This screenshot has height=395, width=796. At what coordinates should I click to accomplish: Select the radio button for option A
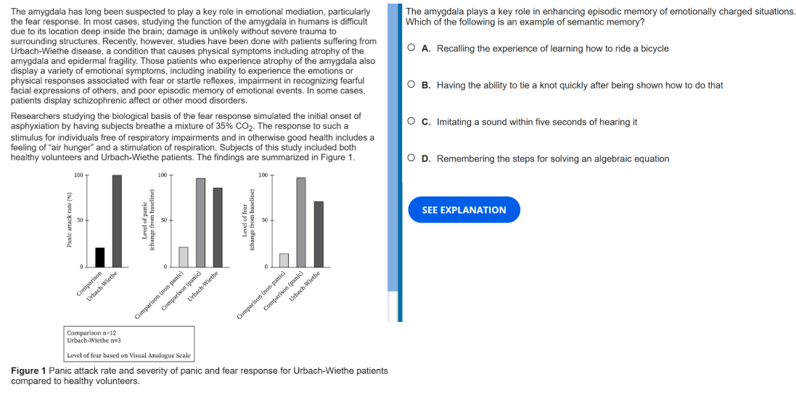coord(411,49)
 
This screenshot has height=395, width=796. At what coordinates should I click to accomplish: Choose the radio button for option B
coord(411,85)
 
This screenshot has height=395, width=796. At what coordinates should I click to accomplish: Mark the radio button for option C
coord(411,122)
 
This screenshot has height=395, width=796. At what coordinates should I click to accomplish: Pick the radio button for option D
coord(411,158)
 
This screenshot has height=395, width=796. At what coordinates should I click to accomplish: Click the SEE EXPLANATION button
coord(464,209)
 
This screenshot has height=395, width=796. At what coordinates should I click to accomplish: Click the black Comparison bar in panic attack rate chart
coord(100,257)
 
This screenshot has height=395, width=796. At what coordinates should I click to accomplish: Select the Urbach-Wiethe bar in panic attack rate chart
coord(117,221)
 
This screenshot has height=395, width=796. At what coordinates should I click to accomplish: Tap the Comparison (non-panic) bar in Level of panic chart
coord(184,257)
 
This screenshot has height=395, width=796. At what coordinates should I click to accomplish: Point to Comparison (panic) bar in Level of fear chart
coord(301,223)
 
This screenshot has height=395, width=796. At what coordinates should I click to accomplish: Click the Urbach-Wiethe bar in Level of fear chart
coord(319,234)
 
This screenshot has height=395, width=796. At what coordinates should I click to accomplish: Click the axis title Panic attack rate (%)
coord(70,220)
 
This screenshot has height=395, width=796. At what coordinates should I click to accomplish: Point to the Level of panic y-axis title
coord(148,220)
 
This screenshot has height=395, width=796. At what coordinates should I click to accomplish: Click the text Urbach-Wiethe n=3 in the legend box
coord(94,340)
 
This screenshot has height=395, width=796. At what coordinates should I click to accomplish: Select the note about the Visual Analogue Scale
coord(128,355)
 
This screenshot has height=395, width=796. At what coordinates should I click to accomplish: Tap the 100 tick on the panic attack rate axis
coord(78,175)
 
